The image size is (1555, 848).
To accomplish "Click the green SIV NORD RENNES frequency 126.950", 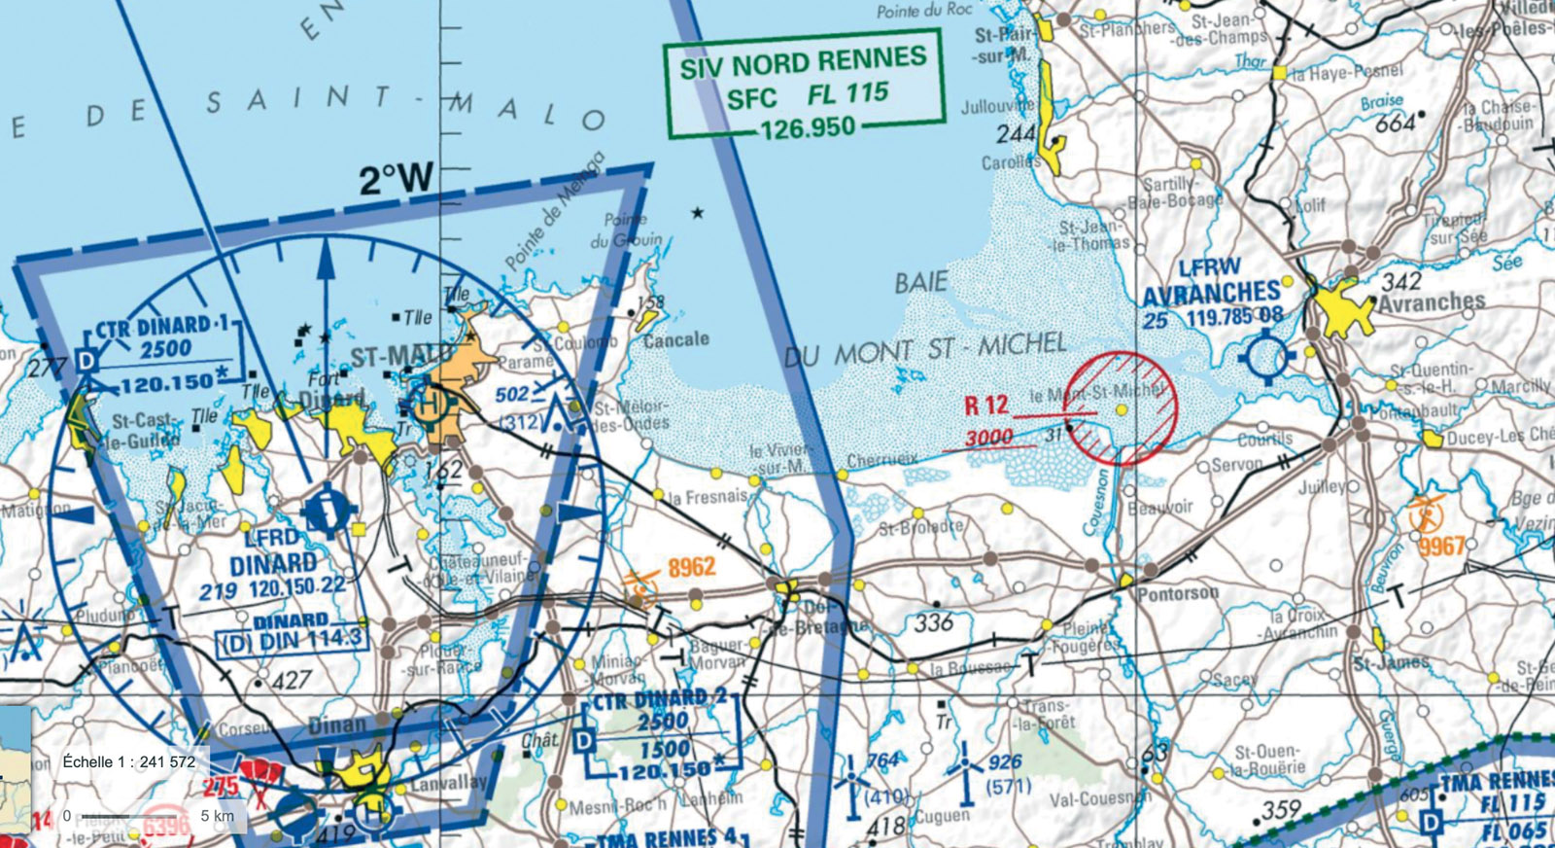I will point(808,126).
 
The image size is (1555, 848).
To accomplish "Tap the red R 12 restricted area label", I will point(985,406).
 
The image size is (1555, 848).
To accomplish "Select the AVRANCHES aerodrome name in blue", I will point(1211,293).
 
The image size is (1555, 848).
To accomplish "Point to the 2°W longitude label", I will point(396,179).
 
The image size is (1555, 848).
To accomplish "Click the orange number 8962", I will point(691,567).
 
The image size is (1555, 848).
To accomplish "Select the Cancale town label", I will point(675,339).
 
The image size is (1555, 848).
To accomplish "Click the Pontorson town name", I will point(1177,592).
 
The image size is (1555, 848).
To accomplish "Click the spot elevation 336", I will point(933,621).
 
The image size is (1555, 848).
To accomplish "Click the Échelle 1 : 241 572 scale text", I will point(128,761).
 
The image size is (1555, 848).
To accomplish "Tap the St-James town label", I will point(1391,663).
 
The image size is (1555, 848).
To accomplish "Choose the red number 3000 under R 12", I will point(989,438).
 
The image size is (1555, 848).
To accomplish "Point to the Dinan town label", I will point(336,724).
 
